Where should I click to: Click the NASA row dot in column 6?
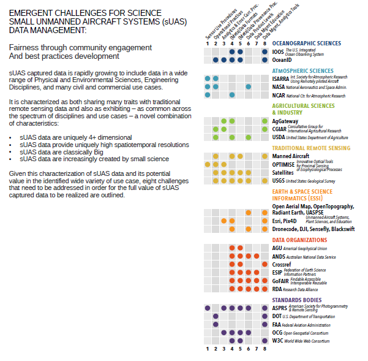pos(249,87)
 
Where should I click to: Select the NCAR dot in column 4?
pos(232,95)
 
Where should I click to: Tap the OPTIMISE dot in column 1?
pos(208,164)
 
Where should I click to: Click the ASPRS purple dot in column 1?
pos(208,308)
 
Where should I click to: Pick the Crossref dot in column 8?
pos(265,264)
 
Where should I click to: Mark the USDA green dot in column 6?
pos(249,137)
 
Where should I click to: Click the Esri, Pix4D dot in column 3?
pos(224,221)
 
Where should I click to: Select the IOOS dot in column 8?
pos(265,52)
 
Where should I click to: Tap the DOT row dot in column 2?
pos(216,316)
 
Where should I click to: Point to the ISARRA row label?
pos(280,79)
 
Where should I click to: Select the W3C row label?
pos(278,340)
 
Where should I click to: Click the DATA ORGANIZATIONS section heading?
pos(299,240)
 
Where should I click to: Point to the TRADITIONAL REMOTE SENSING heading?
pos(315,148)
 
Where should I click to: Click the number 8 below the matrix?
pos(265,349)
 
